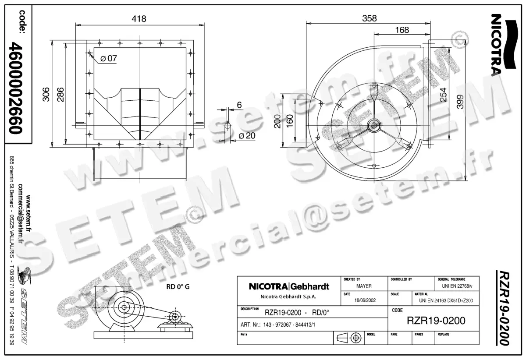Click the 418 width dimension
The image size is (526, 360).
pyautogui.click(x=139, y=18)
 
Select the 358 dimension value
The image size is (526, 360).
pyautogui.click(x=369, y=18)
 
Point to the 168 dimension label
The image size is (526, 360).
pyautogui.click(x=402, y=30)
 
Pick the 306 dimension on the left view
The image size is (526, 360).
pyautogui.click(x=46, y=94)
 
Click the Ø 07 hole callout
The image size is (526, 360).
pyautogui.click(x=108, y=58)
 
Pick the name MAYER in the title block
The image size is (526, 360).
pyautogui.click(x=363, y=286)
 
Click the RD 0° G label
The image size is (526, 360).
pyautogui.click(x=178, y=288)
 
